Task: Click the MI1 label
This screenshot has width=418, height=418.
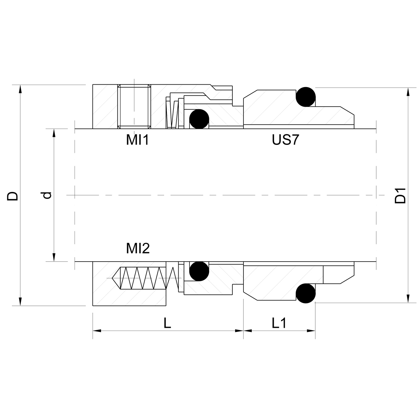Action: click(138, 140)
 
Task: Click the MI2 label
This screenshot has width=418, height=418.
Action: click(138, 248)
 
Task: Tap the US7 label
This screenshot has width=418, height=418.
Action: click(286, 140)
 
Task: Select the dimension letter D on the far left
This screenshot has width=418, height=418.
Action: click(13, 196)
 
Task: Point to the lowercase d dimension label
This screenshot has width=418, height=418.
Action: click(46, 195)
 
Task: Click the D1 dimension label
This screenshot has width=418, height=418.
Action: click(400, 196)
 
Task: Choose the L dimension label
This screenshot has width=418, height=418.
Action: click(167, 323)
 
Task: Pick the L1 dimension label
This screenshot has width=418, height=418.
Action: click(279, 323)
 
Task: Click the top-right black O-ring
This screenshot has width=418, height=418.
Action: click(305, 97)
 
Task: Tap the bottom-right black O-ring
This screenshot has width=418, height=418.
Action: click(305, 293)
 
